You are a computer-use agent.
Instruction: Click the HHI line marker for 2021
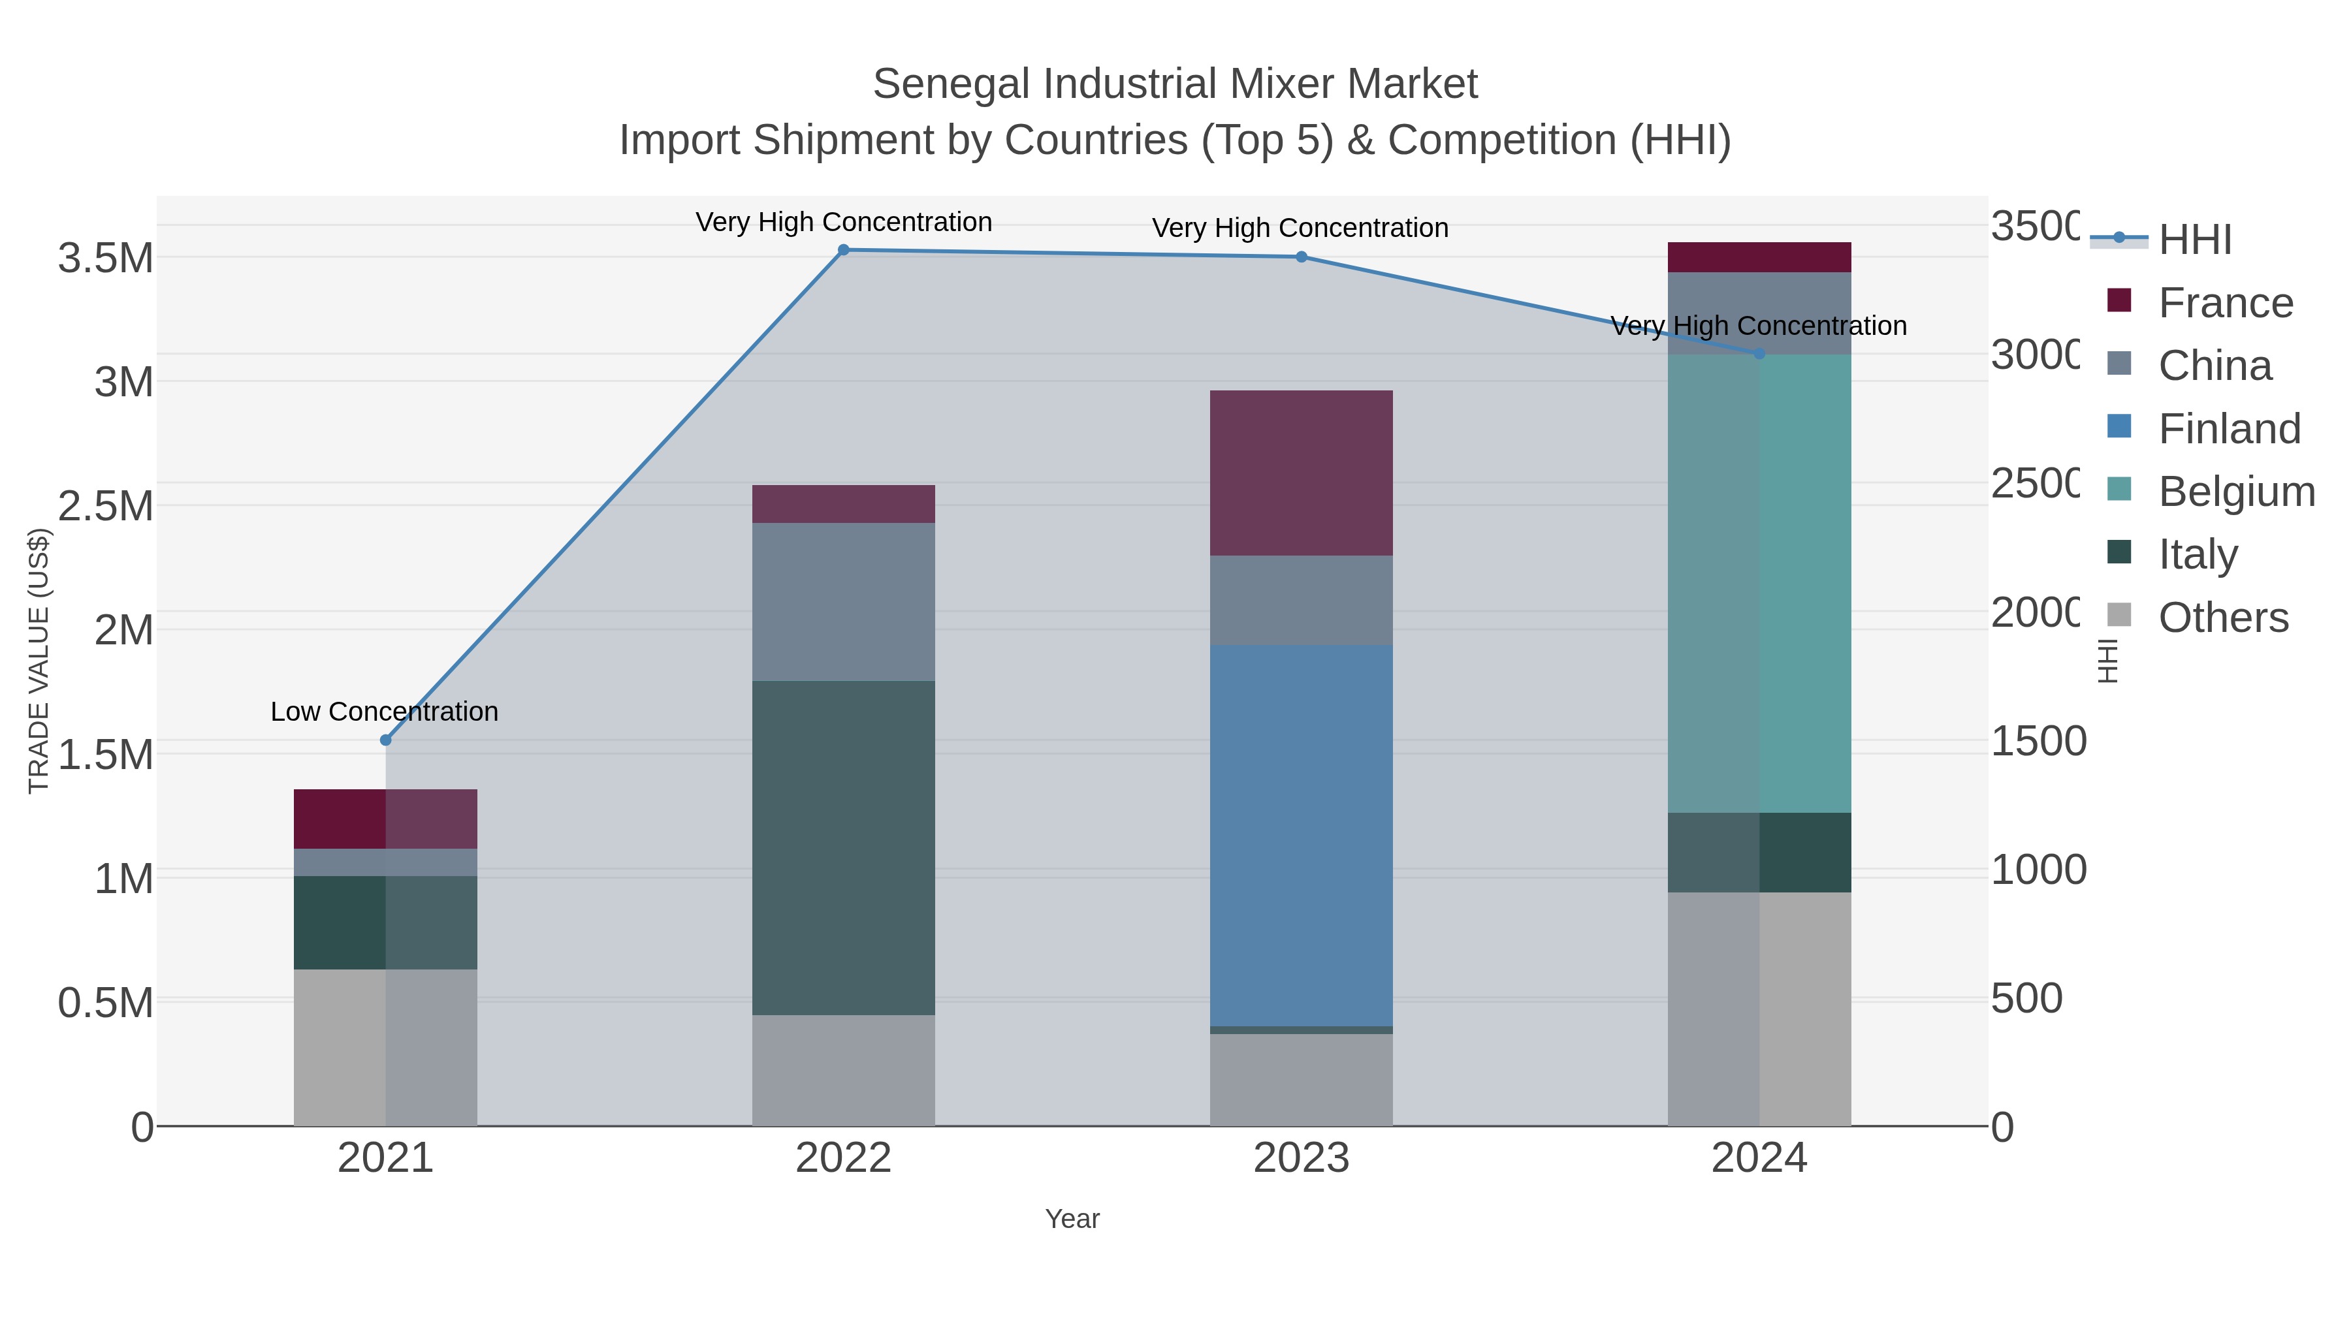(x=385, y=740)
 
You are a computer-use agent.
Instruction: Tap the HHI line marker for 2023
(x=1302, y=257)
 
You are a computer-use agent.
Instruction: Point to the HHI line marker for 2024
(x=1759, y=353)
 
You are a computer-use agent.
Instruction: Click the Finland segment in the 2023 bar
(x=1302, y=835)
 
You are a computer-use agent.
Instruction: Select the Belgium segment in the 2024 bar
(x=1759, y=584)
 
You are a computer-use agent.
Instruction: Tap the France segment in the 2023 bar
(x=1302, y=473)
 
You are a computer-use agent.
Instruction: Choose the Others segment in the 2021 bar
(x=385, y=1047)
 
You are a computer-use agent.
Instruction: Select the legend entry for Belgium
(x=2235, y=491)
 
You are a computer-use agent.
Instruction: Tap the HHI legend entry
(x=2194, y=239)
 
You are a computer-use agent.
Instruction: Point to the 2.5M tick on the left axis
(x=106, y=505)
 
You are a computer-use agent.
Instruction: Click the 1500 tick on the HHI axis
(x=2037, y=741)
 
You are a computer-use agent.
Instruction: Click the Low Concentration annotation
(x=384, y=711)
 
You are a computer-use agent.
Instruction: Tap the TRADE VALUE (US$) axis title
(x=39, y=661)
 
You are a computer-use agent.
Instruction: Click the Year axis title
(x=1072, y=1218)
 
